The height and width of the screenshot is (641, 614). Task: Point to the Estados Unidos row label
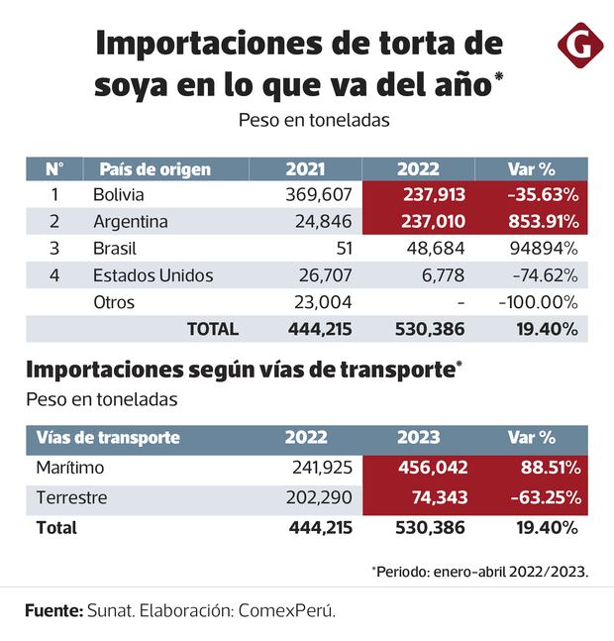[153, 275]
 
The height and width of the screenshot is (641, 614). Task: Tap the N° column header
[54, 168]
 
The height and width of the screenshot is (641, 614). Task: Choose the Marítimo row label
[70, 467]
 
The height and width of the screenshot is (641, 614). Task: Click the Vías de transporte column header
[108, 437]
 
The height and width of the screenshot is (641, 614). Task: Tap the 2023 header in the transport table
[418, 437]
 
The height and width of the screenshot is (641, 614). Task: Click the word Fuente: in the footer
[53, 610]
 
